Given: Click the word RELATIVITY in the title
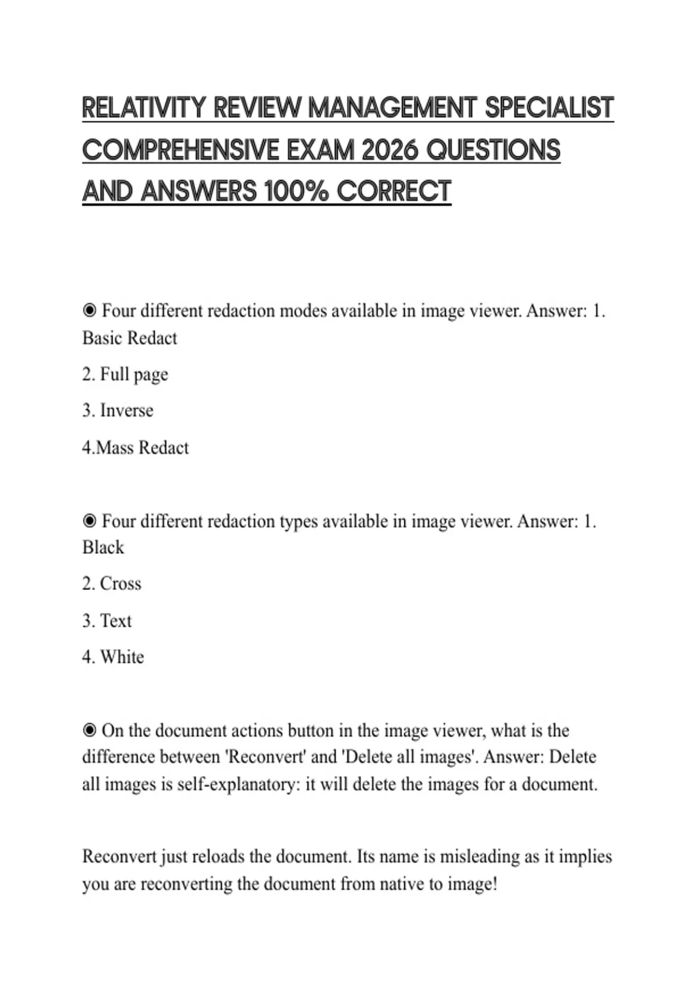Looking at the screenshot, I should coord(144,109).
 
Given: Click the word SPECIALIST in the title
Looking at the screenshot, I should coord(549,109).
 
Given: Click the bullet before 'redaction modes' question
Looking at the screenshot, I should coord(89,311).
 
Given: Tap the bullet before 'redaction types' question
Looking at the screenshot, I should coord(89,521).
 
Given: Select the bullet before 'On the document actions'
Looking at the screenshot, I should coord(89,730).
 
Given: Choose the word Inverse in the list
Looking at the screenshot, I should coord(126,410).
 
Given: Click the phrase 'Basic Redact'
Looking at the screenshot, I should coord(130,338).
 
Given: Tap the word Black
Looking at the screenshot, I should coord(103,547).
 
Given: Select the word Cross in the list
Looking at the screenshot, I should coord(120,583).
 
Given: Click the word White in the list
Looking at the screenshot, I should coord(122,657).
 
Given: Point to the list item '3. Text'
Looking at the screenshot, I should coord(107,621).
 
